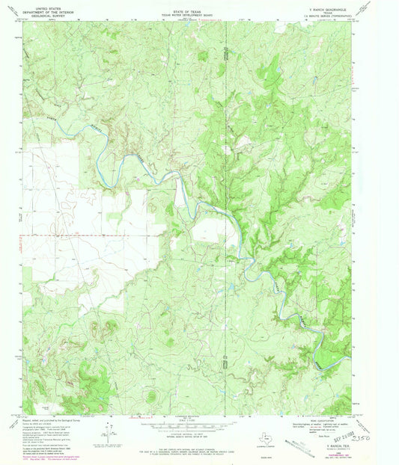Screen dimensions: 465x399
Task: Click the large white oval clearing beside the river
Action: coord(213,234)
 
